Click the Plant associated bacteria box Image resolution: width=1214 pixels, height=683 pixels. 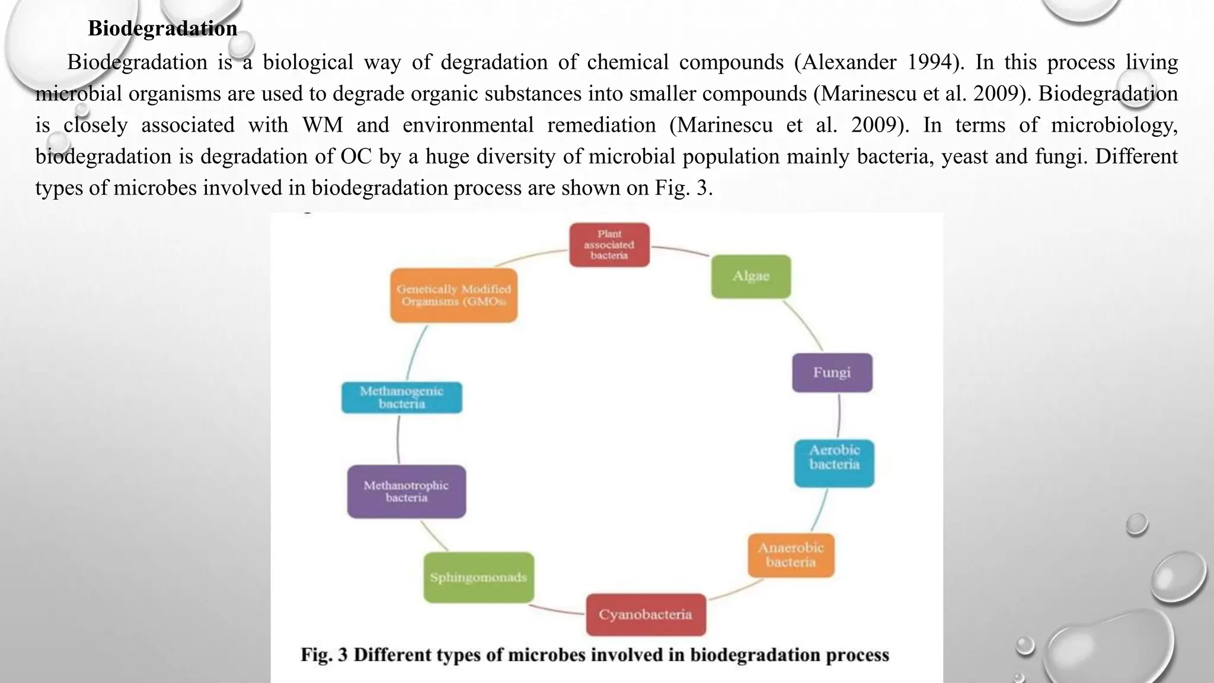(609, 245)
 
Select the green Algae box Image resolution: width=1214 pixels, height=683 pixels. (751, 276)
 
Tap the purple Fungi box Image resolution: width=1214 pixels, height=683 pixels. (832, 373)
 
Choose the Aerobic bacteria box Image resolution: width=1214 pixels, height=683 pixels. (834, 464)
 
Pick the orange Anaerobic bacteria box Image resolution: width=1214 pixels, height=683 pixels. (791, 556)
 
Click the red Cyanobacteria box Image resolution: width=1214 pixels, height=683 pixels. (646, 615)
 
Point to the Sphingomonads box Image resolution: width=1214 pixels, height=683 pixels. (478, 577)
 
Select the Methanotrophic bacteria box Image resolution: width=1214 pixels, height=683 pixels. (406, 491)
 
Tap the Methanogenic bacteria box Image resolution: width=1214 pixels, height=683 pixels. (401, 398)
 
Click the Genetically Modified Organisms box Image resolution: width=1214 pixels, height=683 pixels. (453, 295)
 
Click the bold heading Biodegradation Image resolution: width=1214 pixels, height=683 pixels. (162, 28)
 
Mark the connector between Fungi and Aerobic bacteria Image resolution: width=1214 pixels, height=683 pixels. (839, 416)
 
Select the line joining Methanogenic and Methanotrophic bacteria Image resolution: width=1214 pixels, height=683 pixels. (398, 439)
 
